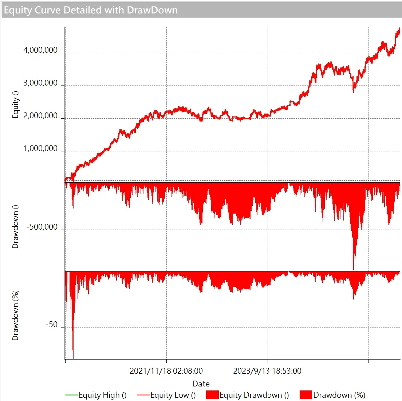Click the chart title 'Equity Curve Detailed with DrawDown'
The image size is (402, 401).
coord(91,10)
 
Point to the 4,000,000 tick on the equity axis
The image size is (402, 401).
coord(40,50)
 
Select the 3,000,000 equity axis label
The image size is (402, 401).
coord(40,83)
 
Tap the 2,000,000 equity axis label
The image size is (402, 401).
coord(40,116)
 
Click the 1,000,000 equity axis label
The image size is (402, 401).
coord(40,148)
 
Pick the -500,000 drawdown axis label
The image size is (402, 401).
coord(42,227)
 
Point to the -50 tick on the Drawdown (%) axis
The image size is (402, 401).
coord(52,325)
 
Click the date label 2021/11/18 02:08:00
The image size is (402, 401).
coord(166,371)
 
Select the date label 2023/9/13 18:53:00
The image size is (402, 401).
coord(267,371)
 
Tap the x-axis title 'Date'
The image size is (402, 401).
coord(201,384)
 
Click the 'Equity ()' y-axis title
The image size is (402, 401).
coord(15,104)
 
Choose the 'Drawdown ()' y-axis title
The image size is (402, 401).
coord(15,227)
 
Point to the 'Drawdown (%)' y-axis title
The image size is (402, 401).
coord(15,315)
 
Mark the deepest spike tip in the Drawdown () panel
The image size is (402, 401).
coord(354,269)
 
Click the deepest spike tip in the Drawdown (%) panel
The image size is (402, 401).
coord(73,358)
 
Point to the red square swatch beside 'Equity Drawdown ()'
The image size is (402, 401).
coord(212,395)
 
